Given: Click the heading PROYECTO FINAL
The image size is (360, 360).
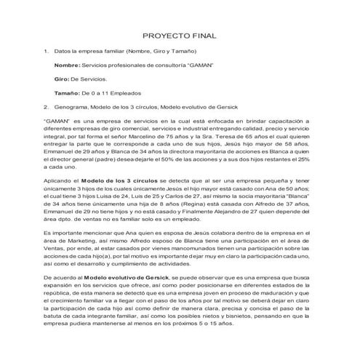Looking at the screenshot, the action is click(x=180, y=35).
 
